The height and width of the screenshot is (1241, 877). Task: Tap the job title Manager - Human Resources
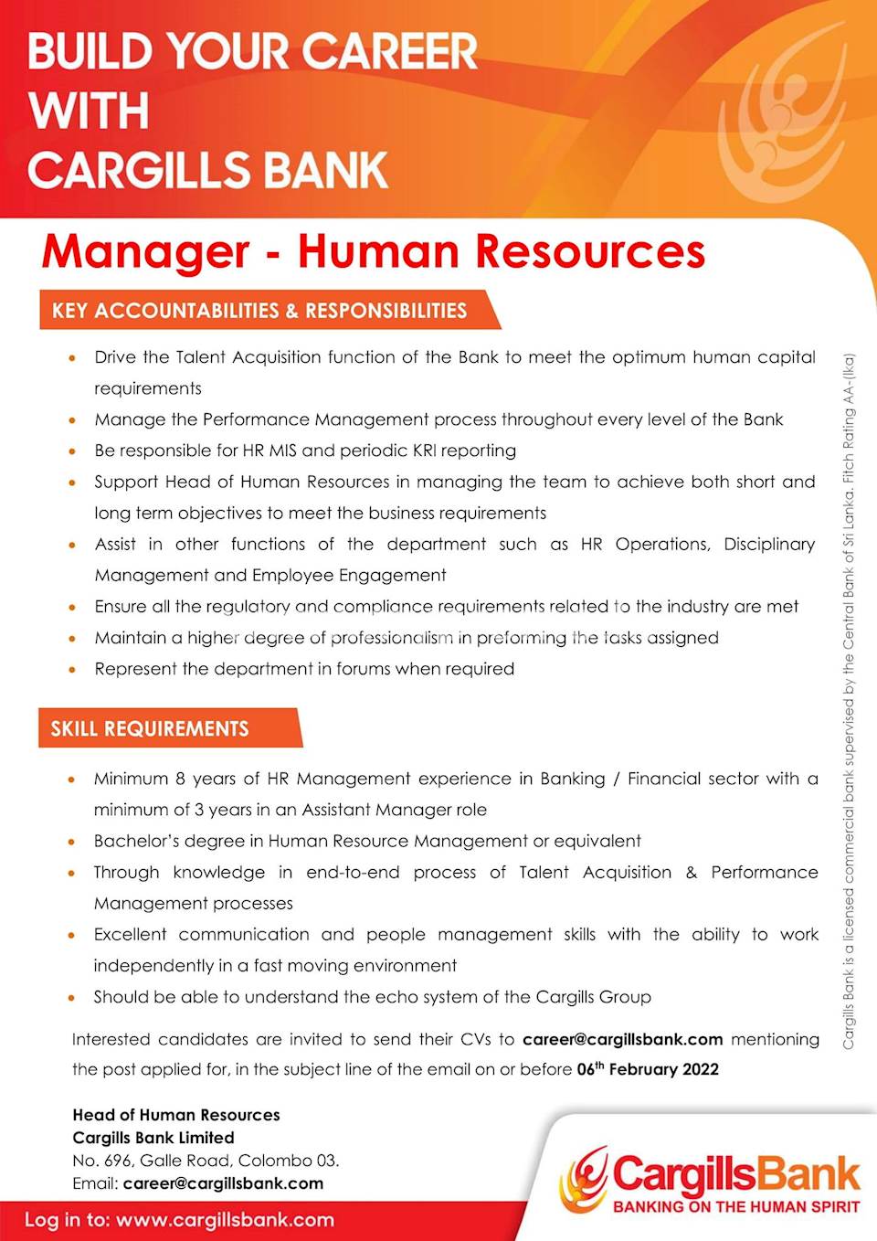(x=374, y=251)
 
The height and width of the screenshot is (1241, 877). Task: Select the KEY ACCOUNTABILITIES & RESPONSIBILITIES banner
(x=259, y=311)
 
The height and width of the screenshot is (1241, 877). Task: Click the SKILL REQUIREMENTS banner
(x=150, y=728)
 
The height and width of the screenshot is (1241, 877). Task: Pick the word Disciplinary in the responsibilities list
(x=769, y=544)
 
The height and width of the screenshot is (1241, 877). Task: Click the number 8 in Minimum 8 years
(x=180, y=779)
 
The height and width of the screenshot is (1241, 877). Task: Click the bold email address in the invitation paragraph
(x=623, y=1039)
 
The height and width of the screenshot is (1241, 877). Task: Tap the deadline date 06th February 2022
(x=648, y=1069)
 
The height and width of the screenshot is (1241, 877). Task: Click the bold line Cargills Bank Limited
(x=153, y=1138)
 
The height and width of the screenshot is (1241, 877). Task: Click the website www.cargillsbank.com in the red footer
(x=225, y=1220)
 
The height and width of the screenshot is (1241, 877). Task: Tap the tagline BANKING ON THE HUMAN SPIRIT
(x=736, y=1207)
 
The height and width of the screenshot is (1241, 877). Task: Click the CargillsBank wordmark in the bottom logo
(x=736, y=1174)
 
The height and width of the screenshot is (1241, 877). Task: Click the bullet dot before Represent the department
(x=72, y=669)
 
